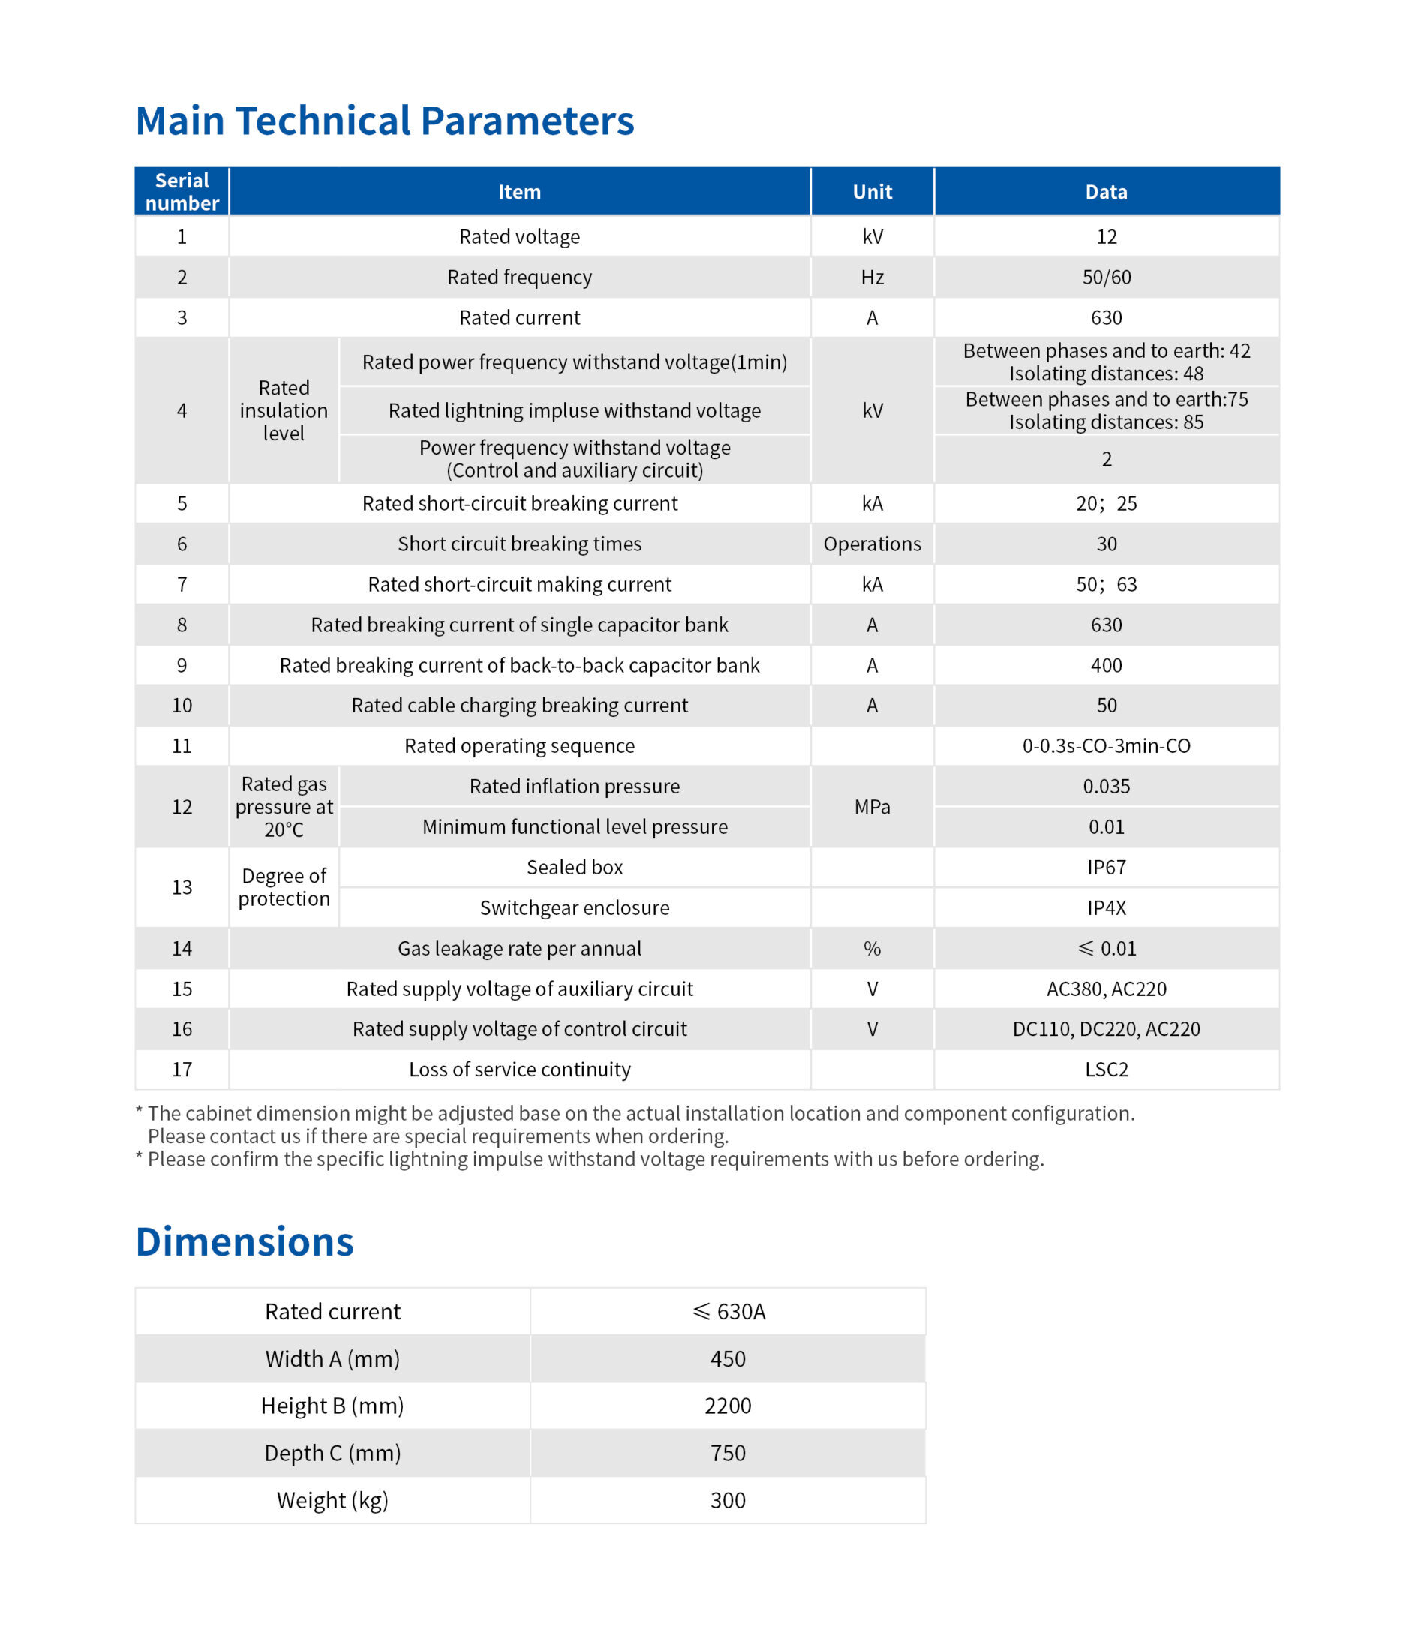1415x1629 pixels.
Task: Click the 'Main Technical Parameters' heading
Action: [385, 121]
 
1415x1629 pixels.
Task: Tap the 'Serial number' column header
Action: [182, 192]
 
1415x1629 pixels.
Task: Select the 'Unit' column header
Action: [872, 192]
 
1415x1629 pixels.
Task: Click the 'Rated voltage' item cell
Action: [520, 237]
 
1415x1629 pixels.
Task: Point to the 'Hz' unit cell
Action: [872, 277]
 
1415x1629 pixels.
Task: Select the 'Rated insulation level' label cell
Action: [284, 410]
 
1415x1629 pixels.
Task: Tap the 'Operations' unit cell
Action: [872, 544]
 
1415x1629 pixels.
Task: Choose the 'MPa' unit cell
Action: [872, 806]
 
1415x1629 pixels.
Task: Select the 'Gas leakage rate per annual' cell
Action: [520, 948]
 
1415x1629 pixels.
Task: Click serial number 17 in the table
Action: [182, 1069]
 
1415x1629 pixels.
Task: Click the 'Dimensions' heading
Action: [245, 1242]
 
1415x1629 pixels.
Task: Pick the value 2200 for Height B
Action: [727, 1405]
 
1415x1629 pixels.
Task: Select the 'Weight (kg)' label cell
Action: [332, 1500]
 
